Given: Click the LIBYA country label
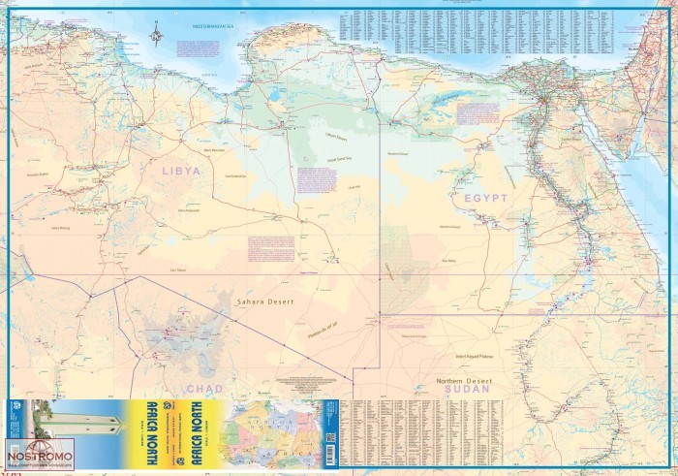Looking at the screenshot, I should pyautogui.click(x=181, y=170).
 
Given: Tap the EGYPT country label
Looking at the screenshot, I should pyautogui.click(x=485, y=198).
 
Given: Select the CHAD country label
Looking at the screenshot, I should pyautogui.click(x=210, y=388).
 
